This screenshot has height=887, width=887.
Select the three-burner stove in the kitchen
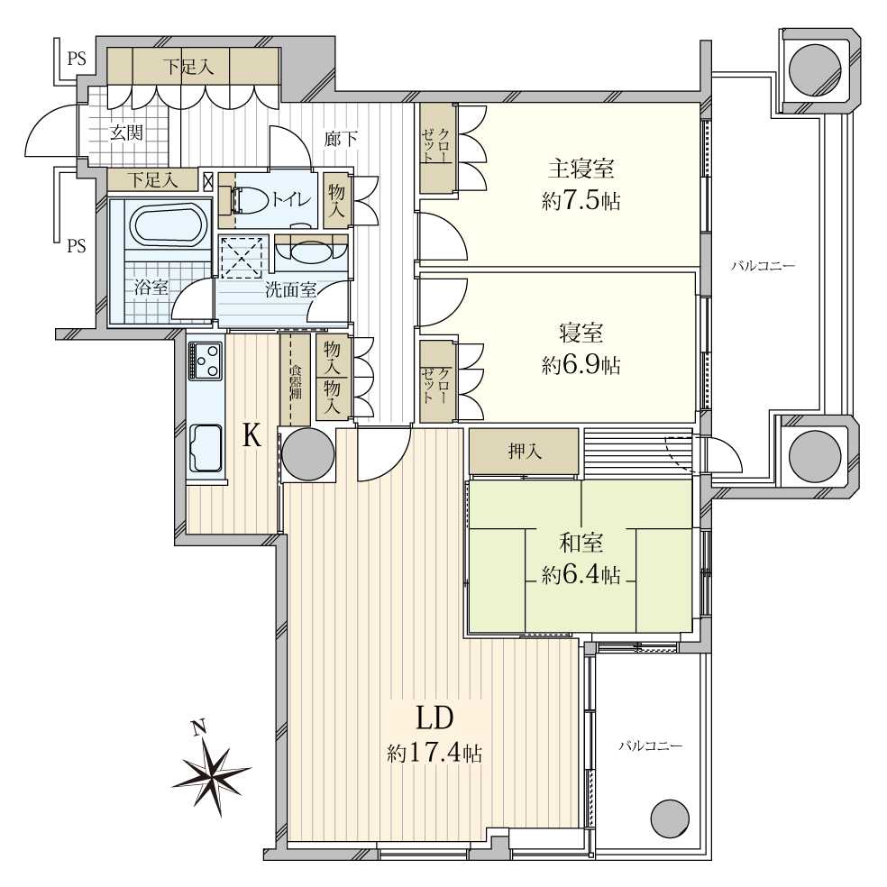[205, 361]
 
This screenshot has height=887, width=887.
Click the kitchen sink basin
[206, 448]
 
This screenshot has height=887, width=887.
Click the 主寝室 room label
[581, 169]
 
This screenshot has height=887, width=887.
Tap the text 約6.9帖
[581, 366]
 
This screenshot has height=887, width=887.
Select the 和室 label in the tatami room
[581, 543]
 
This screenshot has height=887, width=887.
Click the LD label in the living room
[435, 719]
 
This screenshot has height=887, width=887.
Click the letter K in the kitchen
[252, 436]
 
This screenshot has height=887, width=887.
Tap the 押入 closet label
[525, 451]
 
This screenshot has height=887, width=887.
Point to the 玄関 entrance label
[125, 133]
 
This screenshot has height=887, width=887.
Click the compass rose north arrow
[213, 777]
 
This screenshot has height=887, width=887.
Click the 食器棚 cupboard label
[296, 383]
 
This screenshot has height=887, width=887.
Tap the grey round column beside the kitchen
[309, 453]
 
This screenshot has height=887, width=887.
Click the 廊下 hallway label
[341, 139]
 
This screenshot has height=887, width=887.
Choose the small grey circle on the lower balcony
[671, 818]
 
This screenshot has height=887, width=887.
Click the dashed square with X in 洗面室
[242, 258]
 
